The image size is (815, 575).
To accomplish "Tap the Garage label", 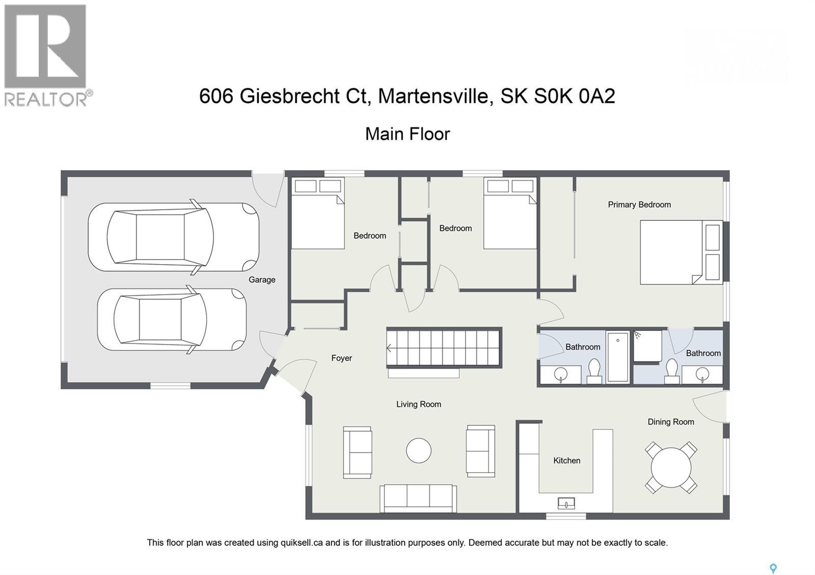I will pyautogui.click(x=262, y=279).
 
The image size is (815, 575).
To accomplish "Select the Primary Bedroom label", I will pyautogui.click(x=639, y=205).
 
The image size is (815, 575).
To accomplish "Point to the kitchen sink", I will pyautogui.click(x=566, y=503).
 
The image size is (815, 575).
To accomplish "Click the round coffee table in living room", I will pyautogui.click(x=419, y=451).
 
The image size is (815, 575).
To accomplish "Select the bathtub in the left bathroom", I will pyautogui.click(x=618, y=356).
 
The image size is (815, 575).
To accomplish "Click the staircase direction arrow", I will pyautogui.click(x=390, y=349).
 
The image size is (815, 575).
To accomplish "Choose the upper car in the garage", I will pyautogui.click(x=173, y=237).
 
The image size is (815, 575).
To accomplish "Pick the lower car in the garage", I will pyautogui.click(x=172, y=320).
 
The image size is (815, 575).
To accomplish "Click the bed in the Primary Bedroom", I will pyautogui.click(x=681, y=252).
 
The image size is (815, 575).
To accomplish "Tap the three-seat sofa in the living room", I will pyautogui.click(x=418, y=498).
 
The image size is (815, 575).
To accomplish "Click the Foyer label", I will pyautogui.click(x=341, y=358).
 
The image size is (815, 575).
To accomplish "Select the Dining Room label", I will pyautogui.click(x=670, y=422).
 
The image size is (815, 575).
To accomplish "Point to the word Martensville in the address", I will pyautogui.click(x=435, y=96).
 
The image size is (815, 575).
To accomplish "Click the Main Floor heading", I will pyautogui.click(x=407, y=134).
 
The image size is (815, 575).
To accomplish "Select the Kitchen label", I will pyautogui.click(x=566, y=461).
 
